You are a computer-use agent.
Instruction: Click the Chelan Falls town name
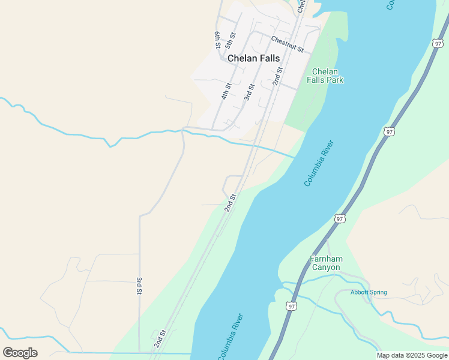(253, 58)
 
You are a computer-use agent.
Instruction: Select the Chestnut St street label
(288, 43)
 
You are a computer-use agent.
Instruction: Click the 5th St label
(229, 40)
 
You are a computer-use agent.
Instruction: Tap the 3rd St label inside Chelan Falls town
(249, 92)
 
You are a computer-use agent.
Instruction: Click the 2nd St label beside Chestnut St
(277, 76)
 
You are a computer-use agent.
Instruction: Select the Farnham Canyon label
(326, 263)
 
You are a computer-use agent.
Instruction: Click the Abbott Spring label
(369, 293)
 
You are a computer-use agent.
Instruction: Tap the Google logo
(20, 353)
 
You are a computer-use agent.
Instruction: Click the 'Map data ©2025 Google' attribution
(412, 355)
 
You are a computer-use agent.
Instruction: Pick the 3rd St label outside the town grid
(139, 286)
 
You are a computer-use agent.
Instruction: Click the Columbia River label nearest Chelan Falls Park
(318, 163)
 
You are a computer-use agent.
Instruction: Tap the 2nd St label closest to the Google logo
(159, 338)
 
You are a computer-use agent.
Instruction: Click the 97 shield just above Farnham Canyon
(340, 219)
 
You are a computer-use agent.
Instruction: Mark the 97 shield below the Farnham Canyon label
(292, 306)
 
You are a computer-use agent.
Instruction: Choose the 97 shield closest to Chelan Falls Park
(390, 131)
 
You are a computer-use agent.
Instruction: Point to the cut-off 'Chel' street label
(301, 5)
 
